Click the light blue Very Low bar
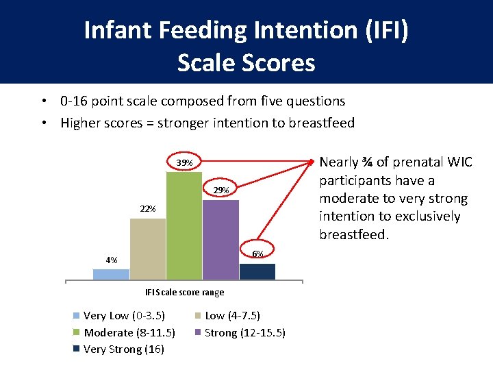(111, 274)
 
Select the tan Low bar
(147, 249)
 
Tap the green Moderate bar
(184, 225)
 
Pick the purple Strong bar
(220, 240)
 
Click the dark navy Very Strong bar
(257, 271)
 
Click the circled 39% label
(184, 163)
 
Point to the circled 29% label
(220, 190)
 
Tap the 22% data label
(147, 208)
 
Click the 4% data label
(111, 260)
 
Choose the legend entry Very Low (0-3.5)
(123, 316)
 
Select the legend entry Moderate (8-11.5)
(129, 333)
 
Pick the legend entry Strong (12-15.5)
(244, 333)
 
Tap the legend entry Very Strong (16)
(123, 349)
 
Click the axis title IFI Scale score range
(184, 293)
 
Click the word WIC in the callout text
(458, 162)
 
